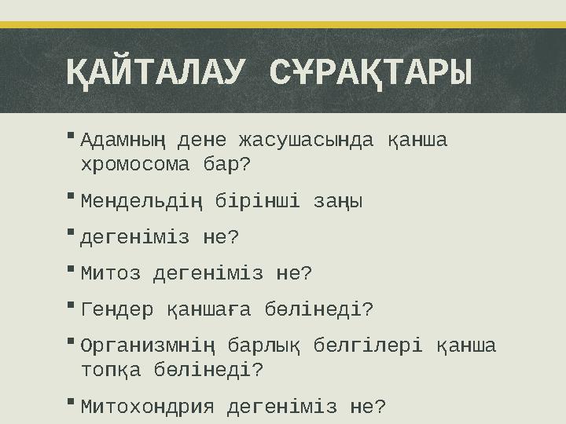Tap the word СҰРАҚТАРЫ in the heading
click(x=371, y=75)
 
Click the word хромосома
click(x=134, y=166)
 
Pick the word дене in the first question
click(x=202, y=141)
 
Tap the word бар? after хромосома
click(x=226, y=166)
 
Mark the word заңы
click(x=341, y=202)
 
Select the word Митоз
click(x=111, y=274)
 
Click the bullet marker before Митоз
click(x=71, y=269)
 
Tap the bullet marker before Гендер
click(x=71, y=305)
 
